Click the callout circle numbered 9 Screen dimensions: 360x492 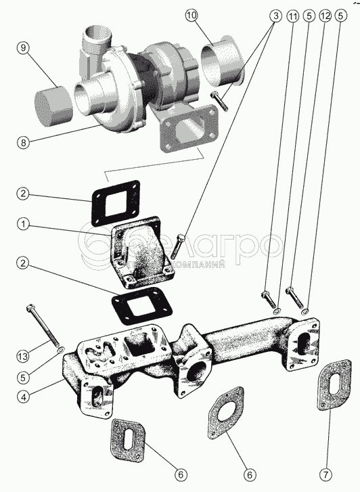[23, 48]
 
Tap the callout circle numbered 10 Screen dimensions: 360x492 [192, 16]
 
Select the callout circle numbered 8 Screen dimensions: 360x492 [23, 142]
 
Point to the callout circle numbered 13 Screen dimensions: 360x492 [23, 357]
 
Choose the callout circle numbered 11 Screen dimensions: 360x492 [293, 16]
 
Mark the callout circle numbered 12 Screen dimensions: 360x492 [325, 16]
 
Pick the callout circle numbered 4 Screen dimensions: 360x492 [23, 397]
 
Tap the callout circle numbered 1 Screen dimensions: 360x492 [23, 225]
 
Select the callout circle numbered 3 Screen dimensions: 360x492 [276, 16]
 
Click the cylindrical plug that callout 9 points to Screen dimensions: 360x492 [53, 108]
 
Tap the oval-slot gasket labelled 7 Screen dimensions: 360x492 [334, 384]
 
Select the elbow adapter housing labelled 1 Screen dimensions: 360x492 [143, 252]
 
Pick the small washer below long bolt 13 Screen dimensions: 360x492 [61, 350]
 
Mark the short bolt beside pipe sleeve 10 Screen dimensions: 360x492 [220, 100]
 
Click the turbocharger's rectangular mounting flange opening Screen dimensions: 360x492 [189, 130]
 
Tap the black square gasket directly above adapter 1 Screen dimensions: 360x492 [116, 203]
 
